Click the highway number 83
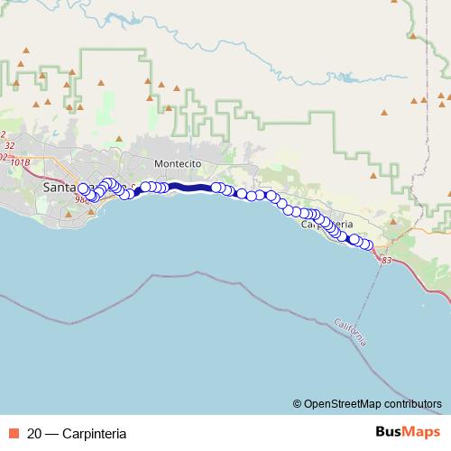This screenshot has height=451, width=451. pyautogui.click(x=387, y=260)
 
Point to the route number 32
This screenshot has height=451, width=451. pyautogui.click(x=9, y=144)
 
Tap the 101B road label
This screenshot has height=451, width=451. pyautogui.click(x=21, y=162)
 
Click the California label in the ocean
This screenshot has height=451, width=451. pyautogui.click(x=349, y=332)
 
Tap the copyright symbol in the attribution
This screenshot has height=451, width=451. pyautogui.click(x=298, y=404)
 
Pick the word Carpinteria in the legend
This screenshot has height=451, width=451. pyautogui.click(x=94, y=433)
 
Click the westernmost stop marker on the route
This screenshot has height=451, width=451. pyautogui.click(x=84, y=189)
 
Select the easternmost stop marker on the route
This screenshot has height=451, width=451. pyautogui.click(x=367, y=244)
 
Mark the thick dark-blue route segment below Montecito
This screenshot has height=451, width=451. pyautogui.click(x=189, y=188)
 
